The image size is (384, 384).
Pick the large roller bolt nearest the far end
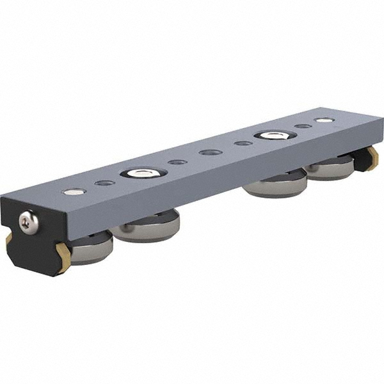[275, 135]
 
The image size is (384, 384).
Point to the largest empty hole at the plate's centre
[211, 152]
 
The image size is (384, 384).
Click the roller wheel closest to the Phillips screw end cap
[90, 247]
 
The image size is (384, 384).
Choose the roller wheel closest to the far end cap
[330, 167]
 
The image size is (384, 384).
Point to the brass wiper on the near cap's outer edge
[8, 239]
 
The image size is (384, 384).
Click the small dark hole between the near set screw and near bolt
[104, 183]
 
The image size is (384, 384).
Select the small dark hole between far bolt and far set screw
[303, 126]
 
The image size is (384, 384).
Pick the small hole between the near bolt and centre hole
[178, 162]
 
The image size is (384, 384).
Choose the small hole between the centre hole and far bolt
[243, 143]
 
